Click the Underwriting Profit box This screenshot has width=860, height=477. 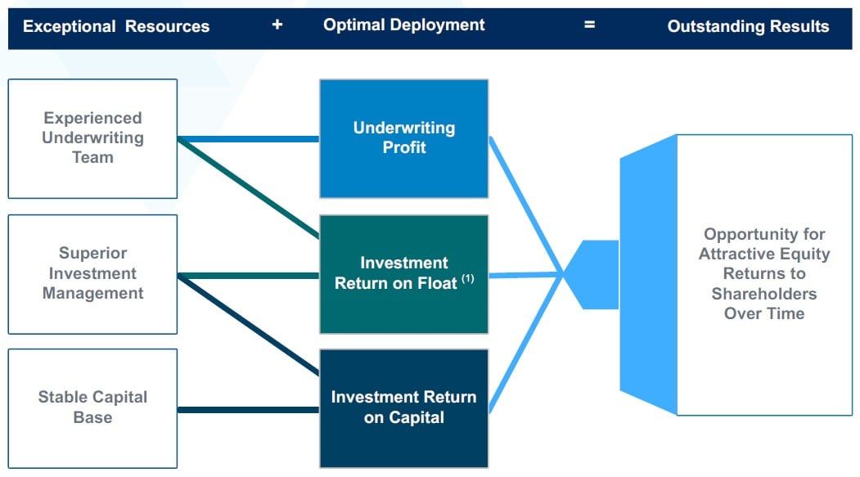coord(403,138)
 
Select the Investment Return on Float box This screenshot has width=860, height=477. coord(403,274)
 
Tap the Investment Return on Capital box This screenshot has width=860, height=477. coord(403,407)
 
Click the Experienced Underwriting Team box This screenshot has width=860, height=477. coord(92,138)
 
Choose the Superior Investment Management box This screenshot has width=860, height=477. coord(92,273)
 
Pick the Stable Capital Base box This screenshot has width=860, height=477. coord(92,407)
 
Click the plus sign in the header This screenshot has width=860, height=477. coord(277,25)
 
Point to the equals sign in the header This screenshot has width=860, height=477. coord(589,25)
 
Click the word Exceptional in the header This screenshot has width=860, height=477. coord(70,26)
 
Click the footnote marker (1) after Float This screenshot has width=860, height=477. coord(467,279)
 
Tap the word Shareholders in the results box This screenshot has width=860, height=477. coord(763,294)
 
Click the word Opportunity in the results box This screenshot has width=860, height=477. coord(764,235)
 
